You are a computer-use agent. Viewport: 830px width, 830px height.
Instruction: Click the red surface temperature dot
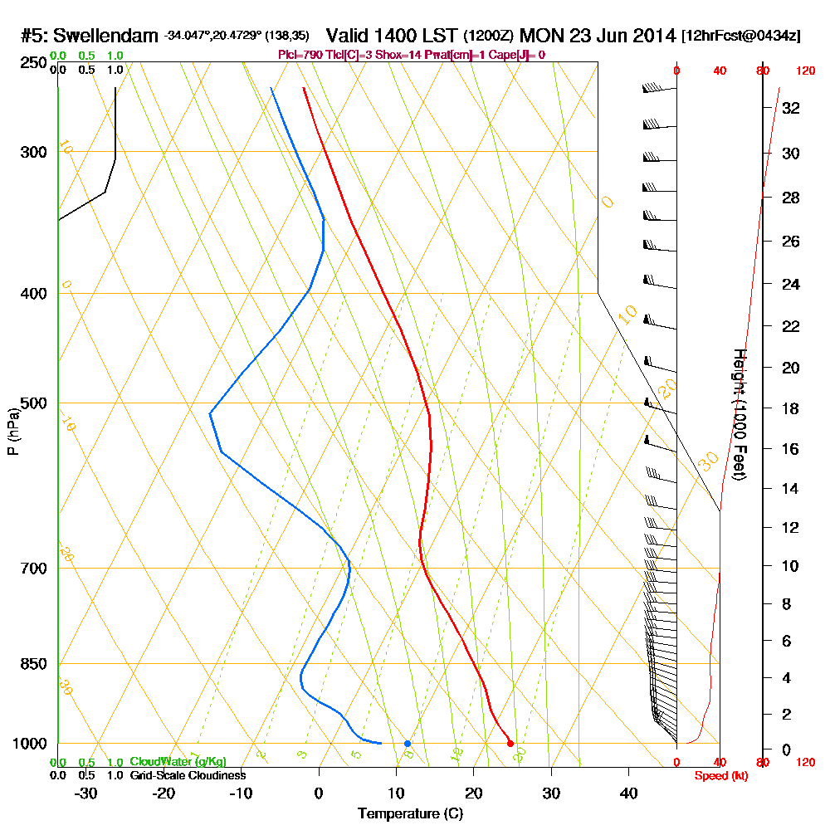tap(510, 744)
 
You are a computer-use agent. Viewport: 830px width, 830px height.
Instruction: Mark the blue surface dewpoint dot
tap(408, 744)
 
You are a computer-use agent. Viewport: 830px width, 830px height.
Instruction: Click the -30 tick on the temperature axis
tap(86, 793)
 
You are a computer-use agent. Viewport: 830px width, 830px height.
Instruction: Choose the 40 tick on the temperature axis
tap(628, 793)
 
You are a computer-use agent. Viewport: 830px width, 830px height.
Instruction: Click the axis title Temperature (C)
tap(410, 814)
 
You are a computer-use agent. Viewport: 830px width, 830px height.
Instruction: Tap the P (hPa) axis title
tap(13, 432)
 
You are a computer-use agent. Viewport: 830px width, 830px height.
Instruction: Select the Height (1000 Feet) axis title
tap(739, 415)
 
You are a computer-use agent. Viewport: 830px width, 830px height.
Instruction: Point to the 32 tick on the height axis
tap(791, 108)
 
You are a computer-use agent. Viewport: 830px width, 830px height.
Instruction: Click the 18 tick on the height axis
tap(791, 408)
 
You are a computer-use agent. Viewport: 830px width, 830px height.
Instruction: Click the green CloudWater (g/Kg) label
tap(178, 762)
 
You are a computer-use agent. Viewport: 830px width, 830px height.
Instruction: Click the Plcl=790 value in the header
tap(300, 55)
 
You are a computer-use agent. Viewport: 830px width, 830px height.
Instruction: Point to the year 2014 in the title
tap(651, 37)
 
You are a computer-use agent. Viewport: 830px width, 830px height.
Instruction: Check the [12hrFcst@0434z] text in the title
tap(740, 37)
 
